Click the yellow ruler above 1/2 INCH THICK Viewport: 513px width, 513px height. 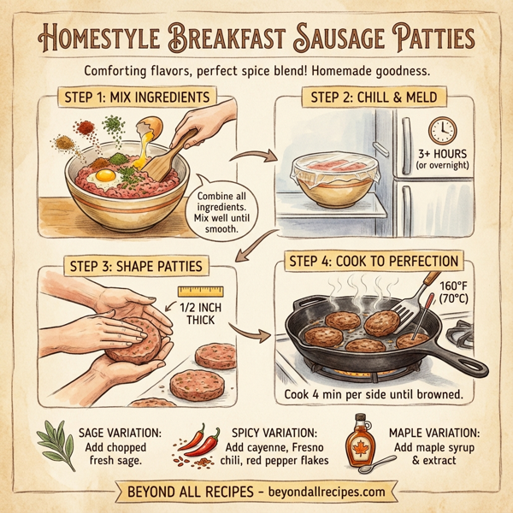[199, 292]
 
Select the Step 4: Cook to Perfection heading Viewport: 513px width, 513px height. [377, 261]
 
